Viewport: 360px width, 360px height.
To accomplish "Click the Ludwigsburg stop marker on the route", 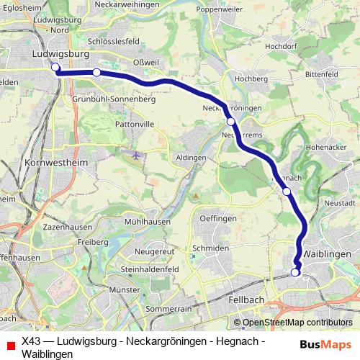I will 55,68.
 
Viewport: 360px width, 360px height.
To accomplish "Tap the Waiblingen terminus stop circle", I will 295,272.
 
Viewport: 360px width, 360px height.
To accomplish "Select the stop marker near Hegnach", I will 287,192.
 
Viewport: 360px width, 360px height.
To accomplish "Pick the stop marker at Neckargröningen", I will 231,122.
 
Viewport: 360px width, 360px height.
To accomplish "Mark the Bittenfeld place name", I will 326,74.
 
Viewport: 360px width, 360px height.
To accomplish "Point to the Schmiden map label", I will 210,248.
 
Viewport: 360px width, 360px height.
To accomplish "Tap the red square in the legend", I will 10,345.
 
